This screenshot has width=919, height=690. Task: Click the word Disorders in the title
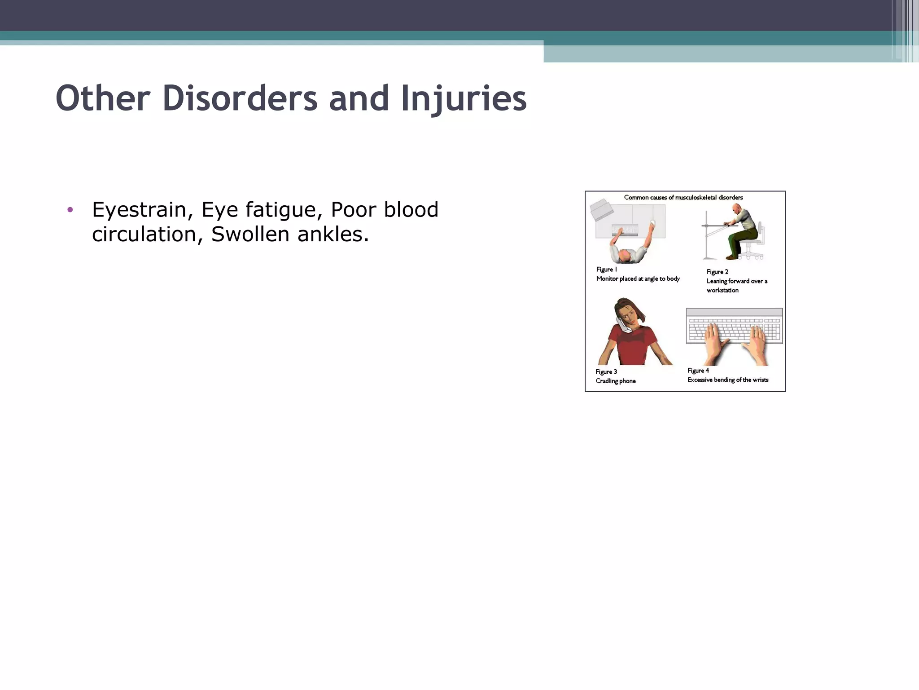click(240, 98)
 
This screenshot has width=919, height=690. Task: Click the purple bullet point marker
click(70, 210)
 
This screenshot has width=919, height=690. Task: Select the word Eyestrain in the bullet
click(139, 210)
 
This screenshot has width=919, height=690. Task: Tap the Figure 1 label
click(606, 270)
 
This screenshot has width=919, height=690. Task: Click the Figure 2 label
click(717, 272)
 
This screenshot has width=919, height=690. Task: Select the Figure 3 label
click(606, 372)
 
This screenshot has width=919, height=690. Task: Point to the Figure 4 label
click(698, 371)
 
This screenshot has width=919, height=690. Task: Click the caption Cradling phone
click(615, 381)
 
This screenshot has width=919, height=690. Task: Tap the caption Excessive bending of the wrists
click(727, 380)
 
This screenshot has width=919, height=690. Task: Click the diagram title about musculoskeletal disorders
click(683, 198)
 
